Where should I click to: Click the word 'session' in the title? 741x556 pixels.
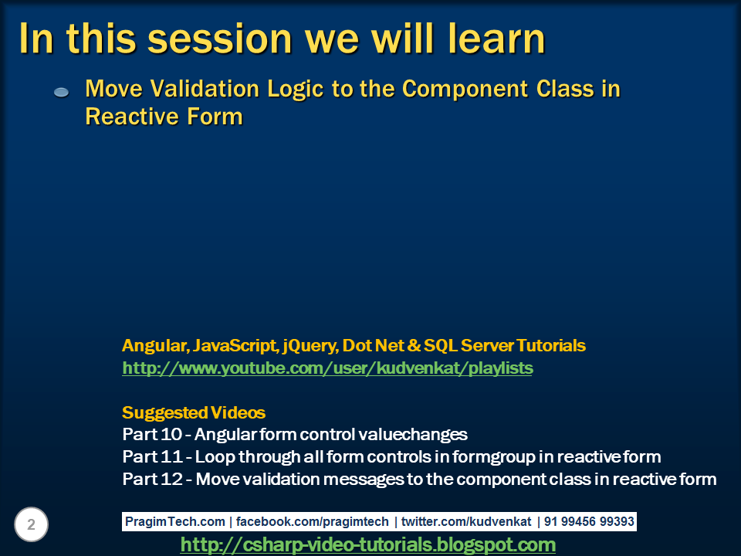pyautogui.click(x=220, y=39)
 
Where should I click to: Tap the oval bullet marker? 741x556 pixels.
pyautogui.click(x=62, y=92)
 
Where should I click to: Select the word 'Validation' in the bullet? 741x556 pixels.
pyautogui.click(x=205, y=89)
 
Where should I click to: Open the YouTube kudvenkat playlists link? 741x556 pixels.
pyautogui.click(x=327, y=368)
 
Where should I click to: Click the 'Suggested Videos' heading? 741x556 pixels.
pyautogui.click(x=194, y=412)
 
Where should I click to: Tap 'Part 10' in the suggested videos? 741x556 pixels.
pyautogui.click(x=152, y=434)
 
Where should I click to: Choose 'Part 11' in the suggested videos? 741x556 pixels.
pyautogui.click(x=152, y=456)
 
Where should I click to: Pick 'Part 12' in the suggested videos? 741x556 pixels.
pyautogui.click(x=152, y=479)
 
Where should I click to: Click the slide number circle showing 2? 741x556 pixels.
pyautogui.click(x=31, y=524)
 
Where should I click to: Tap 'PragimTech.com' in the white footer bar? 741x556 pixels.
pyautogui.click(x=175, y=521)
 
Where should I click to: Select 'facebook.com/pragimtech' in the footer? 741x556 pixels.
pyautogui.click(x=313, y=521)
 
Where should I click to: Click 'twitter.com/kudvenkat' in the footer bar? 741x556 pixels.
pyautogui.click(x=466, y=521)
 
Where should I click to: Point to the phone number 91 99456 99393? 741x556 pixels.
pyautogui.click(x=589, y=521)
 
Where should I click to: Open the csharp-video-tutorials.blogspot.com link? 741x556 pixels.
pyautogui.click(x=368, y=544)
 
